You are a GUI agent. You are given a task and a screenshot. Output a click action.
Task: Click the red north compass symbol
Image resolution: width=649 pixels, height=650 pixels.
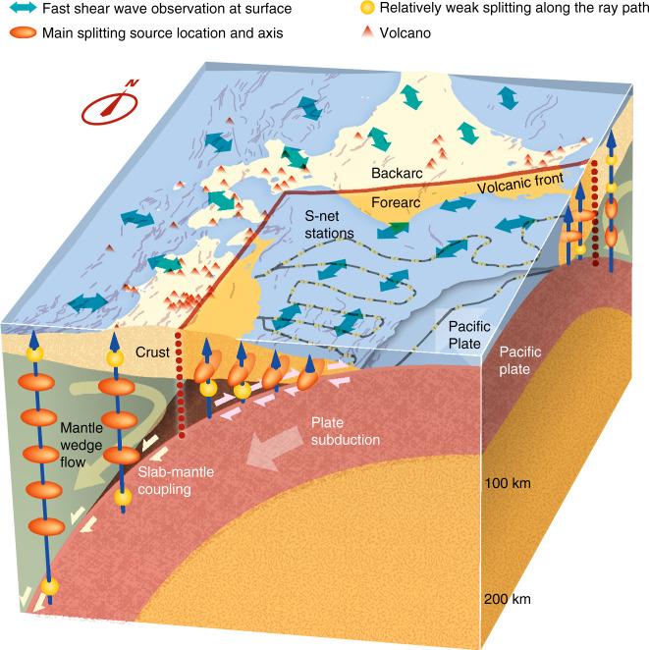pyautogui.click(x=126, y=105)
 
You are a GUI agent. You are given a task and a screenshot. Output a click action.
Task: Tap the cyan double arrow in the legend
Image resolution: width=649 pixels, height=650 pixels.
pyautogui.click(x=23, y=11)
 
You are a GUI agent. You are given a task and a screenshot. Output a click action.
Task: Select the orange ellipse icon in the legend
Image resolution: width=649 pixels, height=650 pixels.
pyautogui.click(x=23, y=33)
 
